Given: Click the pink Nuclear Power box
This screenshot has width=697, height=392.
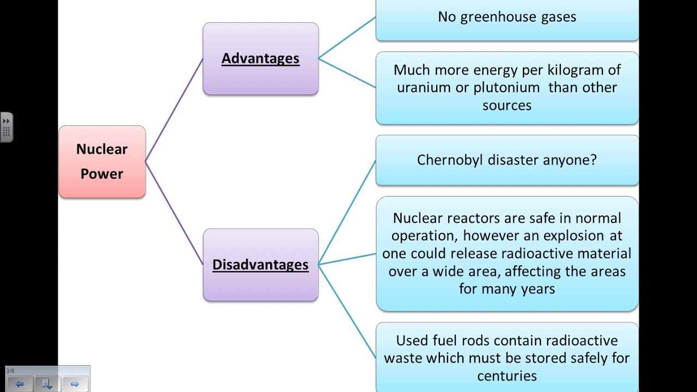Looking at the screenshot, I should pyautogui.click(x=102, y=162).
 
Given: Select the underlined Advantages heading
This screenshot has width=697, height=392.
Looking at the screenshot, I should pyautogui.click(x=260, y=59).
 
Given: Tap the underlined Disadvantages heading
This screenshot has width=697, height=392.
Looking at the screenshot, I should pyautogui.click(x=260, y=265).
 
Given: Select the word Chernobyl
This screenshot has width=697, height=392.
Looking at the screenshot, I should pyautogui.click(x=450, y=160).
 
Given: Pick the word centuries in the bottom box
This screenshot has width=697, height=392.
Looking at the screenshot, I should pyautogui.click(x=507, y=376).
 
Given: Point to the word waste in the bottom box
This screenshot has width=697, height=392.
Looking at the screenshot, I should pyautogui.click(x=402, y=358).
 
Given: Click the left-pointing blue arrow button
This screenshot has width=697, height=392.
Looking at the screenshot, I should pyautogui.click(x=20, y=384).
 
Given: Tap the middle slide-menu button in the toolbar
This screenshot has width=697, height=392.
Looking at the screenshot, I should pyautogui.click(x=47, y=384).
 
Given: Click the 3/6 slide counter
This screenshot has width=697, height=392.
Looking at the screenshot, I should pyautogui.click(x=10, y=371).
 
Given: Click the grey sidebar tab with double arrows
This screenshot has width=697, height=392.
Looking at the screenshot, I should pyautogui.click(x=7, y=127).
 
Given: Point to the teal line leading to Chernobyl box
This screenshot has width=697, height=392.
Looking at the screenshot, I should pyautogui.click(x=347, y=212).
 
